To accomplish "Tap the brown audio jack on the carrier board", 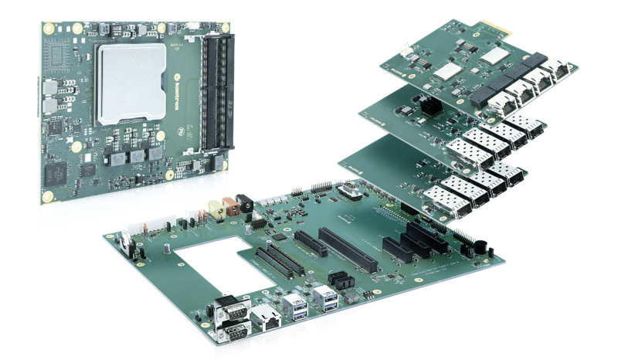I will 229,207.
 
